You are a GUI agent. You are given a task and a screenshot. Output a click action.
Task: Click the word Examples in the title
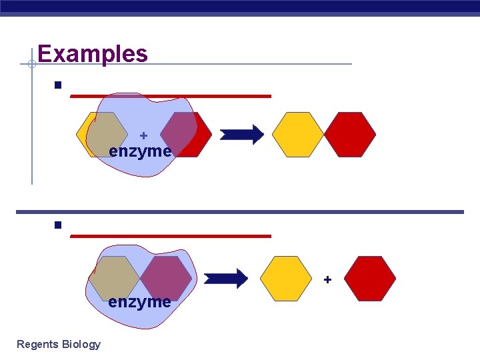pos(93,53)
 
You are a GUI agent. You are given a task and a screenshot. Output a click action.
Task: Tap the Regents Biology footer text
pos(59,344)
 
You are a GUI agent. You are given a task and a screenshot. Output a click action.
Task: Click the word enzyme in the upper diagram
pos(140,151)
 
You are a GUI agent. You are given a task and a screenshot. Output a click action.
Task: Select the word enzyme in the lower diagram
pos(139,302)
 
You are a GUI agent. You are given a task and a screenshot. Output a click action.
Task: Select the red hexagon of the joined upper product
pos(350,134)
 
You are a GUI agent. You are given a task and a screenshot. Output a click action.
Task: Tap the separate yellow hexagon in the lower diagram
pos(285,279)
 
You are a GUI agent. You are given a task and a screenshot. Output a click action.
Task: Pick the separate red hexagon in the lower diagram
pos(370,279)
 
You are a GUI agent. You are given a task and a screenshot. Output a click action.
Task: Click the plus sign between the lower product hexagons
pos(327,280)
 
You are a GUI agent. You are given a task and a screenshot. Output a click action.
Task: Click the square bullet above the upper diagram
pos(59,85)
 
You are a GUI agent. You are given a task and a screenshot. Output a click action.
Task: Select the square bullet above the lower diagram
pos(59,225)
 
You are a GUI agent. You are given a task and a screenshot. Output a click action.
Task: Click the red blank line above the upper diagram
pos(171,96)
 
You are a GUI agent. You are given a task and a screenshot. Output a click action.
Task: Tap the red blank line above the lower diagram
pos(171,235)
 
